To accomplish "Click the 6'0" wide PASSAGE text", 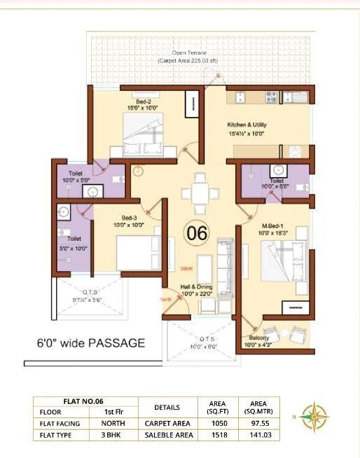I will point(91,343).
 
